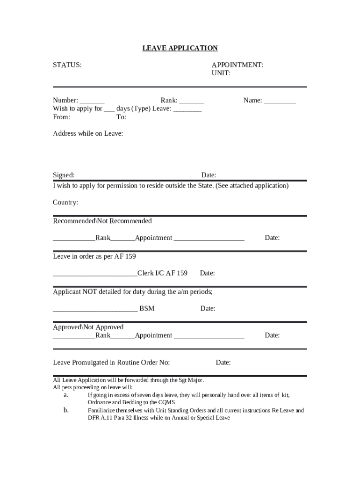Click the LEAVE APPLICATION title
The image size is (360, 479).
(180, 48)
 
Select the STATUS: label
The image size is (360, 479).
(67, 65)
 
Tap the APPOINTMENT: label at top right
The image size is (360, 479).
(237, 65)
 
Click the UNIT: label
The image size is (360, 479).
(221, 73)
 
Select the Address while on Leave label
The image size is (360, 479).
(88, 134)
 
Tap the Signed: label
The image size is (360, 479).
(64, 175)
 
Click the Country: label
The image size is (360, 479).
(65, 203)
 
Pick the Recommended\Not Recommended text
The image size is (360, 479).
(102, 221)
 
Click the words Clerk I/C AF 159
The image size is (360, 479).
(162, 273)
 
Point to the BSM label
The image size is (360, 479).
(147, 309)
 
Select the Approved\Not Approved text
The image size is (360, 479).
(88, 327)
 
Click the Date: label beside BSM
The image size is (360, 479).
(208, 309)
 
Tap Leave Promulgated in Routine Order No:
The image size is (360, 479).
(111, 363)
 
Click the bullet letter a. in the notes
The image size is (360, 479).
(66, 395)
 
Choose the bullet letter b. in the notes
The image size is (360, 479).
(66, 410)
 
